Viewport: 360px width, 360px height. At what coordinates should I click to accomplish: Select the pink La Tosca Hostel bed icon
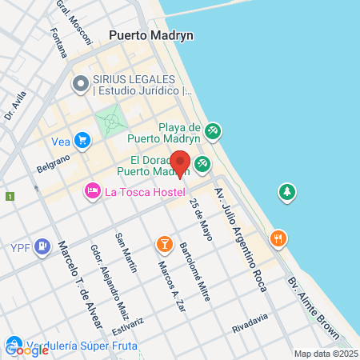click(92, 191)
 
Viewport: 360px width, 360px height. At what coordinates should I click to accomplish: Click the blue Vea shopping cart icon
click(82, 141)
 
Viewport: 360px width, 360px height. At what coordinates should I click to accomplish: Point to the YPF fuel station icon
click(44, 246)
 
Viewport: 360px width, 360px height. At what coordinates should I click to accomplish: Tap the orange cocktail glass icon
click(164, 242)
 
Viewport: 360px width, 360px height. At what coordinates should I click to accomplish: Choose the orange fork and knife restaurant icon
click(278, 238)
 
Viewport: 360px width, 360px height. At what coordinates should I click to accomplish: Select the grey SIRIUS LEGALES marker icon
click(81, 84)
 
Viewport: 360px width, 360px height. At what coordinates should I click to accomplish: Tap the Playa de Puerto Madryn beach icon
click(212, 130)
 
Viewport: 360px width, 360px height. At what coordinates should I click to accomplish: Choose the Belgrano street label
click(54, 164)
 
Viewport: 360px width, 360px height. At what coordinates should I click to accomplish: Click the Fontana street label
click(58, 43)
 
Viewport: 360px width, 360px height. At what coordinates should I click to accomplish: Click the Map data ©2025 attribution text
click(326, 354)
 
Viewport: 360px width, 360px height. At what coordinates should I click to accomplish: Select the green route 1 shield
click(10, 196)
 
